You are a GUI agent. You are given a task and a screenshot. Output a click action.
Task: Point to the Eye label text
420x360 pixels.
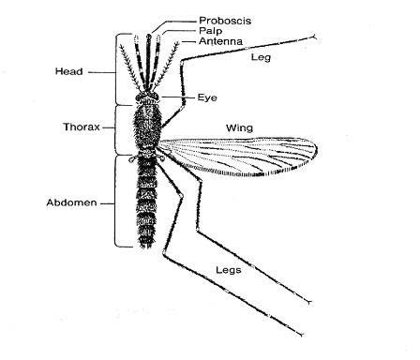tap(208, 97)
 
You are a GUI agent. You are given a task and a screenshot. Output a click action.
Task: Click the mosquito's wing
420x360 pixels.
tap(253, 156)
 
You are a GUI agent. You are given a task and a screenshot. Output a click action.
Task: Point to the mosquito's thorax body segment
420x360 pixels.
tap(146, 127)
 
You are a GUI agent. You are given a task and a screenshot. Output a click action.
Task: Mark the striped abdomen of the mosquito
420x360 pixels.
tap(146, 202)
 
